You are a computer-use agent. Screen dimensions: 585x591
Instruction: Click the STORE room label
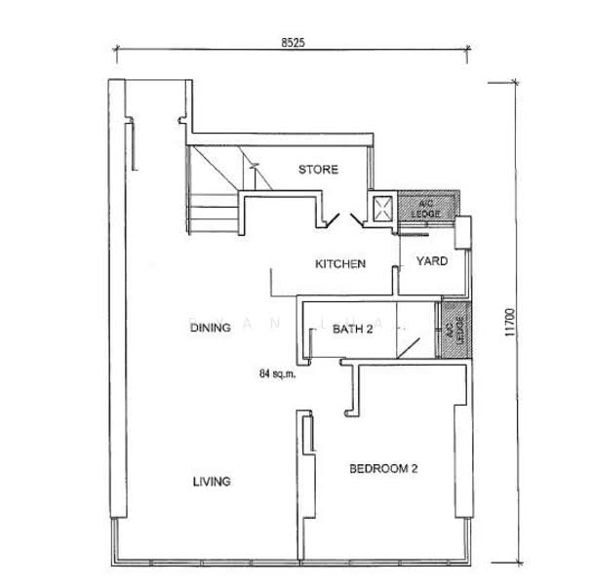tap(318, 170)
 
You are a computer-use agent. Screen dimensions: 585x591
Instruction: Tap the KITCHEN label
tap(339, 264)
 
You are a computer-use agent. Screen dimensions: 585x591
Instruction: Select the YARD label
tap(431, 261)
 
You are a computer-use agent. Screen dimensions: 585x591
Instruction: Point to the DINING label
tap(210, 329)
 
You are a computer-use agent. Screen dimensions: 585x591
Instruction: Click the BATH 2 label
tap(353, 330)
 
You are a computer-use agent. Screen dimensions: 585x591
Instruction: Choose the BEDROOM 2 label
tap(383, 469)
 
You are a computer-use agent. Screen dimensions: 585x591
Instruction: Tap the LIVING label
tap(211, 482)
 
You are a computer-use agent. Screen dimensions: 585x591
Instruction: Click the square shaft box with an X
tap(381, 207)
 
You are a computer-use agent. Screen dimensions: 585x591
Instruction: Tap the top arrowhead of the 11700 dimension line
tap(514, 82)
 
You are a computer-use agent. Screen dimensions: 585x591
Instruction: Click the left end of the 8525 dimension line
tap(117, 47)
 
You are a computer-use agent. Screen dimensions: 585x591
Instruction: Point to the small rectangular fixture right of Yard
tap(463, 234)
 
